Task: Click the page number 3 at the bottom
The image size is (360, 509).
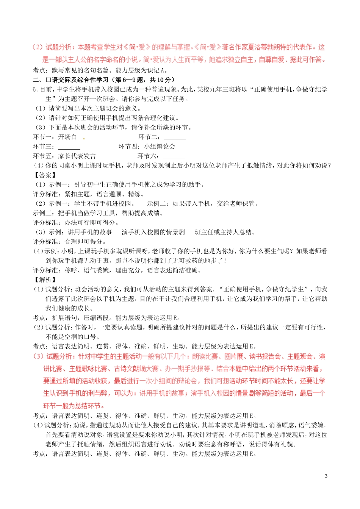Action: tap(326, 476)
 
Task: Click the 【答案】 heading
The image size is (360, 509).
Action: tap(45, 175)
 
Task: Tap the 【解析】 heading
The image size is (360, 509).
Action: tap(45, 279)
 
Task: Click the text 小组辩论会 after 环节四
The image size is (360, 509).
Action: tap(160, 147)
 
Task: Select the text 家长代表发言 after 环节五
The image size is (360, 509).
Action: tap(77, 156)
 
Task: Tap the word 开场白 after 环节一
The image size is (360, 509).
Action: tap(67, 137)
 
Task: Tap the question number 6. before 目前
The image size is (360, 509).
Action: tap(36, 89)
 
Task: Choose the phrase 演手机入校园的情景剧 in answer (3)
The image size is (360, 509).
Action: tap(153, 232)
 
